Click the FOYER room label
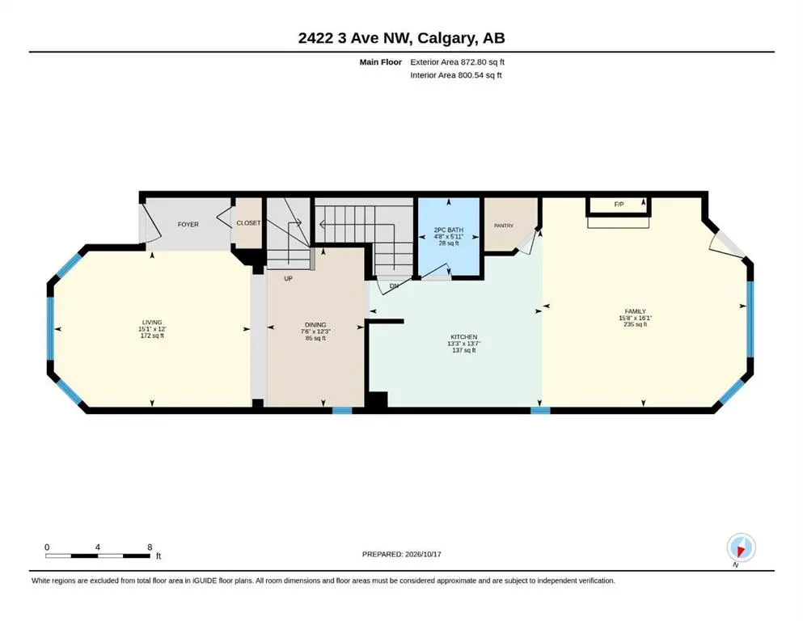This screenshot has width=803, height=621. (188, 224)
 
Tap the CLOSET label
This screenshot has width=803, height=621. (248, 223)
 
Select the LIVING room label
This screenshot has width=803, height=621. (152, 323)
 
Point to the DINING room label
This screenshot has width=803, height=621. (315, 324)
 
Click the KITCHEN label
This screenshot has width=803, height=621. (464, 337)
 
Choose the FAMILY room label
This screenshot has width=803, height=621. (635, 311)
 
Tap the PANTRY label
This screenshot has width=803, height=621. (504, 226)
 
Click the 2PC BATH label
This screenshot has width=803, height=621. (449, 230)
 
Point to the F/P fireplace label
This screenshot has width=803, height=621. (619, 205)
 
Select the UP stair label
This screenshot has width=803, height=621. (289, 278)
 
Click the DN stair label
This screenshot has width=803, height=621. (394, 285)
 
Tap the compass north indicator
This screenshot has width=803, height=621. (741, 549)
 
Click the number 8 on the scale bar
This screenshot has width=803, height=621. (150, 547)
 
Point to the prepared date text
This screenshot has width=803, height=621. (401, 554)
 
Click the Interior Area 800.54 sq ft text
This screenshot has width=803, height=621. (456, 75)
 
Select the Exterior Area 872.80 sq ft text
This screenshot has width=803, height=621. (458, 62)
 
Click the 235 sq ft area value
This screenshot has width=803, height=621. (635, 324)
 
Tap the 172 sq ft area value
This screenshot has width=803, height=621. (152, 336)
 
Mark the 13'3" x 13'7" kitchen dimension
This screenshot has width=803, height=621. (464, 344)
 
